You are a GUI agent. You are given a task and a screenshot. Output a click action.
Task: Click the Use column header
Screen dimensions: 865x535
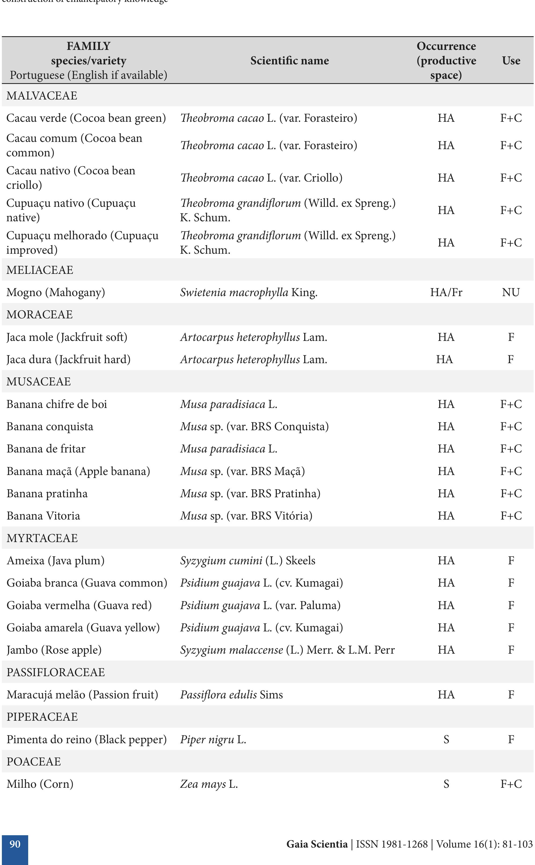pos(511,60)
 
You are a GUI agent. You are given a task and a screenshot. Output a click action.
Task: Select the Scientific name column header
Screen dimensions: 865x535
pos(290,60)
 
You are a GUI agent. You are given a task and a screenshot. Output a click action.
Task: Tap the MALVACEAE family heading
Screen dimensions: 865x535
pos(42,95)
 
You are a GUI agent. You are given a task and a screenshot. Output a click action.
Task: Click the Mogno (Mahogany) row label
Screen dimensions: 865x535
pos(56,292)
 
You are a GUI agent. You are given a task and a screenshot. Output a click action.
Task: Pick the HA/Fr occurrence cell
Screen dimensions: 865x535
pos(446,292)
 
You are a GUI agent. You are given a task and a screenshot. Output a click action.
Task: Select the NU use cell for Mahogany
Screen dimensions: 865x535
pos(511,292)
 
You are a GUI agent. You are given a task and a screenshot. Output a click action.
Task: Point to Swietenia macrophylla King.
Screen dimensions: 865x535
pos(248,292)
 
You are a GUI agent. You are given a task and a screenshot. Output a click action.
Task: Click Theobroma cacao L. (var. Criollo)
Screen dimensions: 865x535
pos(261,178)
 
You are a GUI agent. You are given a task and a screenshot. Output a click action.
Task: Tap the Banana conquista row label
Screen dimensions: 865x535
pos(50,426)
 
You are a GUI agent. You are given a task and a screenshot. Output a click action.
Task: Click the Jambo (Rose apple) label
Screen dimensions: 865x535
pos(54,650)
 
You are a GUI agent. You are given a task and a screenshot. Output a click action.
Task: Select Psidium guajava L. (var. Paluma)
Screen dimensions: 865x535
pos(260,605)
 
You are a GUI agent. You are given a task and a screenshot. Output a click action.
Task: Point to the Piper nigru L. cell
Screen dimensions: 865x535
pos(213,739)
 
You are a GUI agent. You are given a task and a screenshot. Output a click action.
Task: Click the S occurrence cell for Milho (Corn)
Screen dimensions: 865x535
pos(446,784)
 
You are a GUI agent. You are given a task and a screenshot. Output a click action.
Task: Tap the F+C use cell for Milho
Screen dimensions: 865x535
pos(511,784)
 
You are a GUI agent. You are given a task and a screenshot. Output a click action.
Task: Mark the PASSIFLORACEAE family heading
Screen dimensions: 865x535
pos(56,672)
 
